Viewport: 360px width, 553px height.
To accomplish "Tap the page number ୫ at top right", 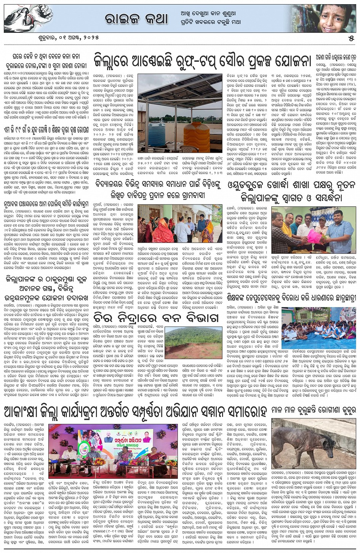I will (x=351, y=38).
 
